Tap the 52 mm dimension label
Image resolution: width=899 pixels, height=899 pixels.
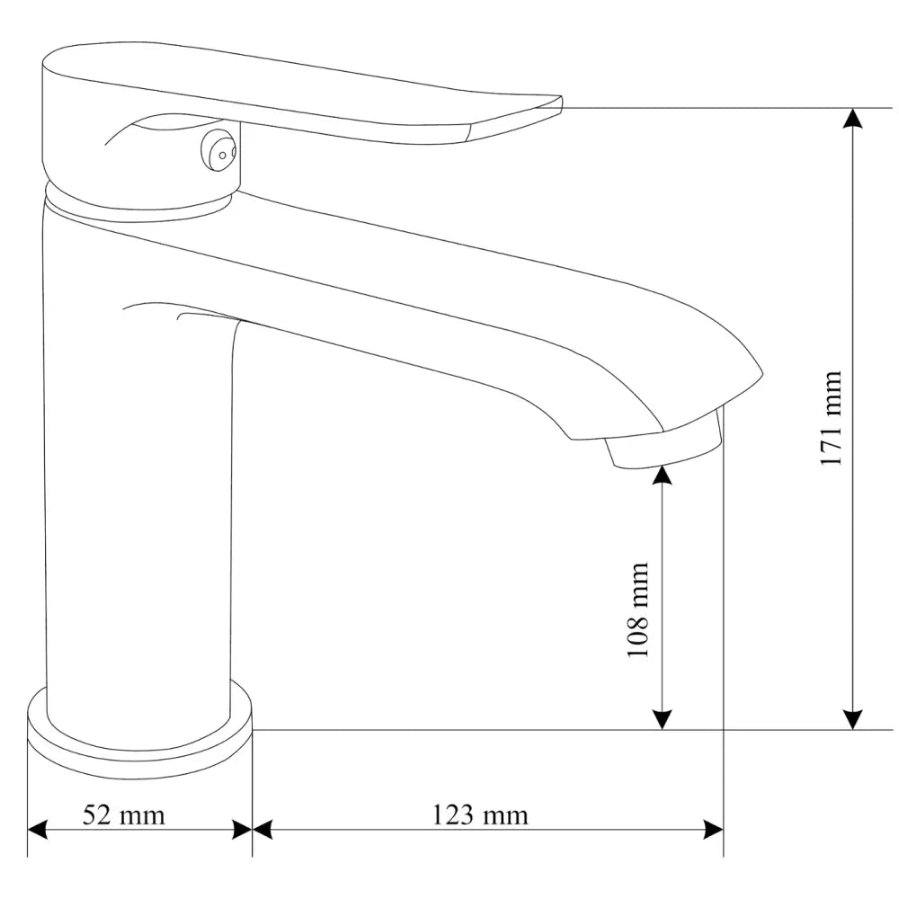click(124, 815)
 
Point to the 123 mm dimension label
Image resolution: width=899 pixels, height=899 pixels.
click(480, 815)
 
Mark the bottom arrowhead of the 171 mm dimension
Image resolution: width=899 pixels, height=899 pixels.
click(853, 718)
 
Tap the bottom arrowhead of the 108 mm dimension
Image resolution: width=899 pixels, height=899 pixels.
click(662, 718)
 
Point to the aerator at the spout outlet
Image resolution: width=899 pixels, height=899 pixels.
click(666, 447)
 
